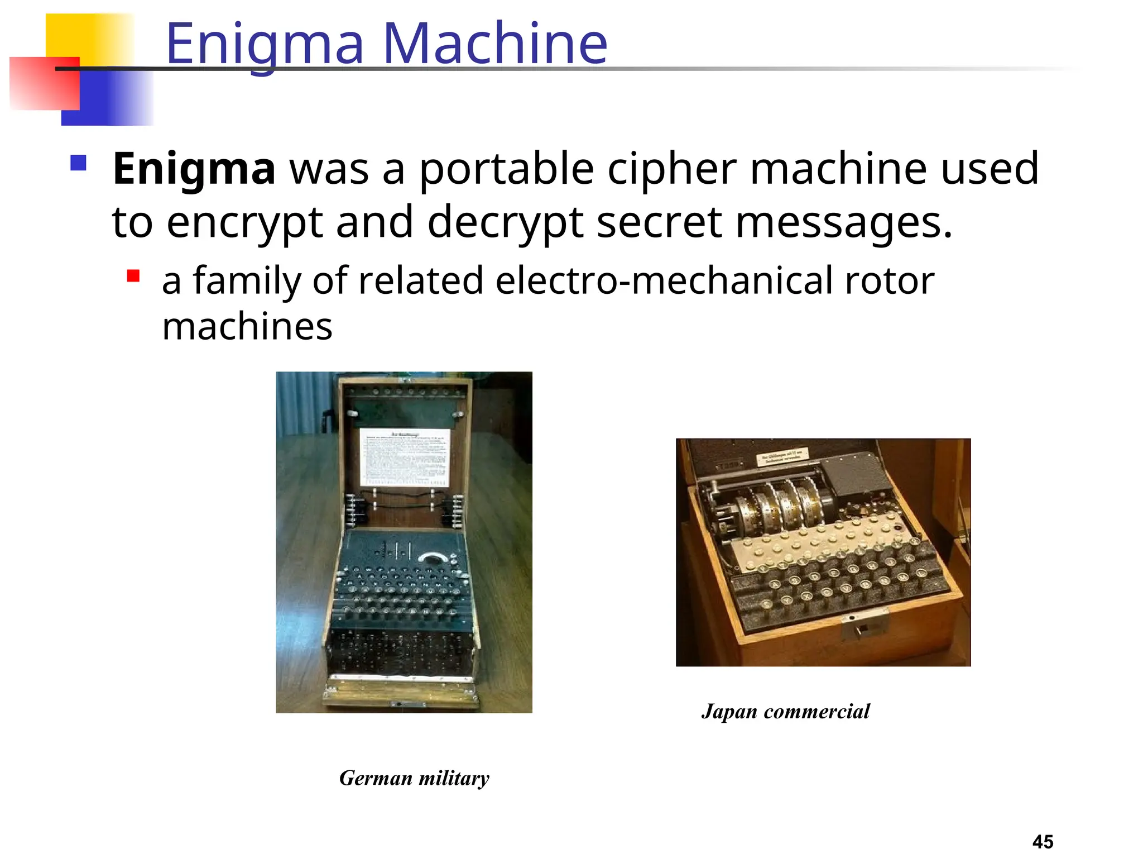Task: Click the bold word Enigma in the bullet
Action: pos(194,169)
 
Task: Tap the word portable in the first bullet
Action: pos(506,169)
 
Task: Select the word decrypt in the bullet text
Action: pos(506,222)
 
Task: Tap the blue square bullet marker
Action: pos(78,163)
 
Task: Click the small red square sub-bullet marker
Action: pos(133,276)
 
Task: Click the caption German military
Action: pos(414,778)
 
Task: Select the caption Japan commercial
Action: pos(785,711)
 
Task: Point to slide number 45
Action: pos(1043,841)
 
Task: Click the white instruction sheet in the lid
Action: pos(405,457)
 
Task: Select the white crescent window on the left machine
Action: pos(431,557)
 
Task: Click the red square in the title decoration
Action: pos(45,83)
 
